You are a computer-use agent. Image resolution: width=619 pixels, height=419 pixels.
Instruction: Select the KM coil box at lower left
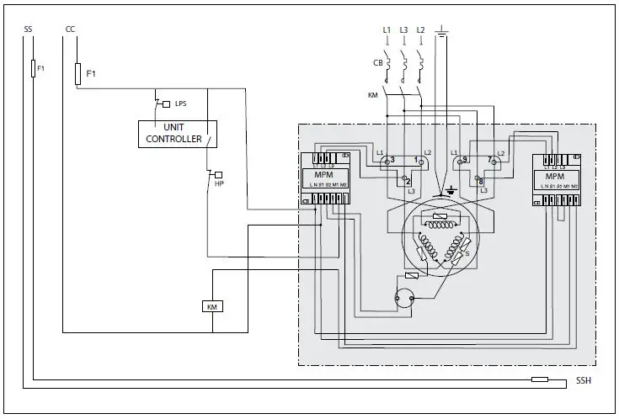(x=211, y=307)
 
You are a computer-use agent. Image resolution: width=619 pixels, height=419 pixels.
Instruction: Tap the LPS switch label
(x=180, y=103)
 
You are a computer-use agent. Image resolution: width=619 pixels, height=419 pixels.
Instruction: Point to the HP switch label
(x=219, y=183)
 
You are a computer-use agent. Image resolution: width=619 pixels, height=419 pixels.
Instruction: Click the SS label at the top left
(x=28, y=29)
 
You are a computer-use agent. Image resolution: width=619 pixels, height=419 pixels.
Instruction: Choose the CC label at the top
(x=70, y=29)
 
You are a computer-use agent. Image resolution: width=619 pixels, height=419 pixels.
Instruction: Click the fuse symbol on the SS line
(x=33, y=69)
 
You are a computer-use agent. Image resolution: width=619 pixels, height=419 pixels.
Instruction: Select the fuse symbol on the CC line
(x=77, y=73)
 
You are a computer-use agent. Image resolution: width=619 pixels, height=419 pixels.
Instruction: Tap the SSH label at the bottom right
(x=583, y=381)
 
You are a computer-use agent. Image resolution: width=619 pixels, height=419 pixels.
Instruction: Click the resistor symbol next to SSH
(x=540, y=380)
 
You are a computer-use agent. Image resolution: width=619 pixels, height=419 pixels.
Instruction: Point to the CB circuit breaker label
(x=377, y=62)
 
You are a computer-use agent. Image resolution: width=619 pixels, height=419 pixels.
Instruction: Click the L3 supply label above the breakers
(x=404, y=30)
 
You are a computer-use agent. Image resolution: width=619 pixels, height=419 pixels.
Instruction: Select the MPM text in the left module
(x=323, y=177)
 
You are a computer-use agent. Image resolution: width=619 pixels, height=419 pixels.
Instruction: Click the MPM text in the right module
(x=554, y=177)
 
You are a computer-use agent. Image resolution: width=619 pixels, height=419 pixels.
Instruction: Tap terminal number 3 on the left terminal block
(x=387, y=159)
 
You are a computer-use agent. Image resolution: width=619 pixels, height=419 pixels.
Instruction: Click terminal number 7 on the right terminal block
(x=488, y=159)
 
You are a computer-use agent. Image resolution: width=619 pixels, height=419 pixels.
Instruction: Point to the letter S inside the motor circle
(x=467, y=252)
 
